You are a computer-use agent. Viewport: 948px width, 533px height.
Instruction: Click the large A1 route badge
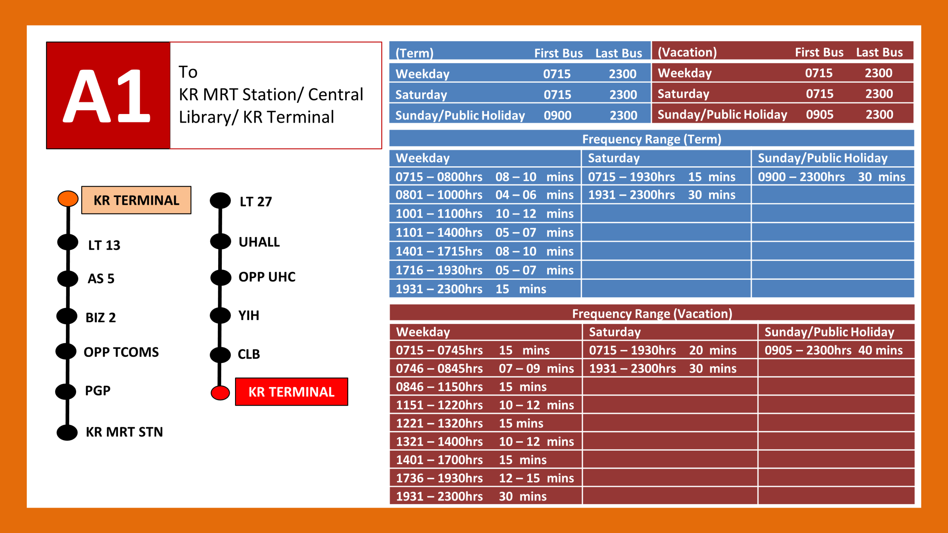(107, 96)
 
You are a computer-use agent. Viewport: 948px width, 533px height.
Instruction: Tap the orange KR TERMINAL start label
(136, 200)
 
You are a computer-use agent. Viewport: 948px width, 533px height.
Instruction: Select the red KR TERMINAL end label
(291, 392)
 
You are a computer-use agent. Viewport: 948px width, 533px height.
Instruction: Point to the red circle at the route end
(220, 392)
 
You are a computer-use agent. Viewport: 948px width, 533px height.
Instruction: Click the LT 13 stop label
(104, 245)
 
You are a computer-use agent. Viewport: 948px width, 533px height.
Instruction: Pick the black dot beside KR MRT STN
(67, 432)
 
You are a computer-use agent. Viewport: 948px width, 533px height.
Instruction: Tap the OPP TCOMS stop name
(121, 352)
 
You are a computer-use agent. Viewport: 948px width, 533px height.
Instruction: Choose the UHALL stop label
(259, 242)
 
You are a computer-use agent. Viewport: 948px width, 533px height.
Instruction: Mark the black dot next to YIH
(220, 315)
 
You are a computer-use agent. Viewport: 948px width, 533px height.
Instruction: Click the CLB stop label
(249, 354)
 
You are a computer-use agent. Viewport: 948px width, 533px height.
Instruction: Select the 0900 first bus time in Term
(557, 116)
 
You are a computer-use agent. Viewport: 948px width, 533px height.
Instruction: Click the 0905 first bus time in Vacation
(819, 115)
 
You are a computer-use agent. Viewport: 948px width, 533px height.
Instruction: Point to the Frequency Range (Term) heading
(651, 139)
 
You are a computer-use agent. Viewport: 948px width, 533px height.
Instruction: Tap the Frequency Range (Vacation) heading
(652, 313)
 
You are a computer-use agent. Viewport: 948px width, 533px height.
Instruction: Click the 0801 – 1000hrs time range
(439, 195)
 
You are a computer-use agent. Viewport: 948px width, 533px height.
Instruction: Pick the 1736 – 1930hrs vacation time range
(439, 478)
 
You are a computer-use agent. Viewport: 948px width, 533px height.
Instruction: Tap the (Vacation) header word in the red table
(687, 52)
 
